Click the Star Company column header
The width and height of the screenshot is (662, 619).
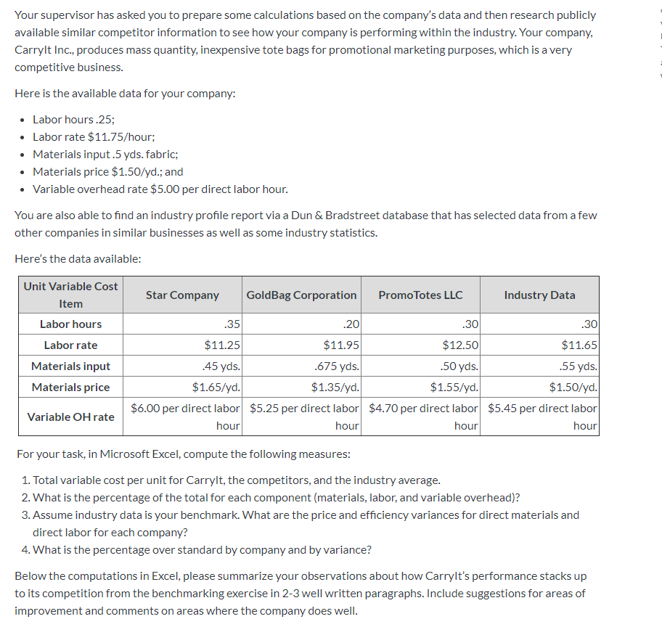[181, 295]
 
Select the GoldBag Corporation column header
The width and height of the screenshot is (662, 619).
[301, 295]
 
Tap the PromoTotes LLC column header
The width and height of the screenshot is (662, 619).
[420, 295]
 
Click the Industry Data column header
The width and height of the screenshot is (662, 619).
[539, 295]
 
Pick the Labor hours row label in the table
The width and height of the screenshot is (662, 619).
[70, 324]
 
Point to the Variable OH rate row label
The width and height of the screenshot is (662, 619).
[70, 417]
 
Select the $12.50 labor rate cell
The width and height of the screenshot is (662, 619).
[460, 345]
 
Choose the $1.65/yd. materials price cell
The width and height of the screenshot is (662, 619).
[216, 387]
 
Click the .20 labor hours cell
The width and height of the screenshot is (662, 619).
[351, 324]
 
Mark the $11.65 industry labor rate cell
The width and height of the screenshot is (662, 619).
[579, 345]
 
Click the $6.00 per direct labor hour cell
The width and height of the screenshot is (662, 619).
[185, 417]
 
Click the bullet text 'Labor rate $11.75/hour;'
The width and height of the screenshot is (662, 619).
[94, 136]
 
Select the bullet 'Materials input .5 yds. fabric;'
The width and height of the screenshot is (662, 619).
[105, 154]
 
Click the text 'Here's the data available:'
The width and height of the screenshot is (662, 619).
[78, 258]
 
